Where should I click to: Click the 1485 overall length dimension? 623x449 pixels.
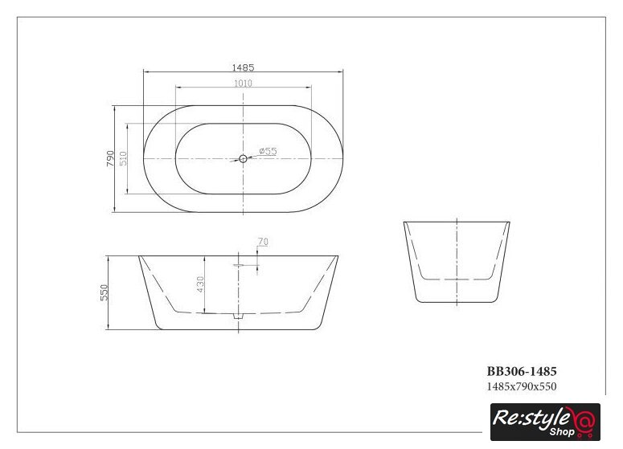[243, 67]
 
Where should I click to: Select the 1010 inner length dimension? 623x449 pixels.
[243, 83]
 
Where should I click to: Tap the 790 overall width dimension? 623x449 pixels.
[110, 158]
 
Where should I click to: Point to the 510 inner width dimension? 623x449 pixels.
[123, 158]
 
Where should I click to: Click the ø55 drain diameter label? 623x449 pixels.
[268, 151]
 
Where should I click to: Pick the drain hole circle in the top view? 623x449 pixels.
[243, 159]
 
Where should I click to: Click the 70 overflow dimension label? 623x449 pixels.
[263, 242]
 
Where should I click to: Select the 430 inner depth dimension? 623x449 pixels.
[200, 284]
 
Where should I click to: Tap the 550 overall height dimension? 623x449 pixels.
[104, 292]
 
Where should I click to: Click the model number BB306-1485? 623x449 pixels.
[522, 372]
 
